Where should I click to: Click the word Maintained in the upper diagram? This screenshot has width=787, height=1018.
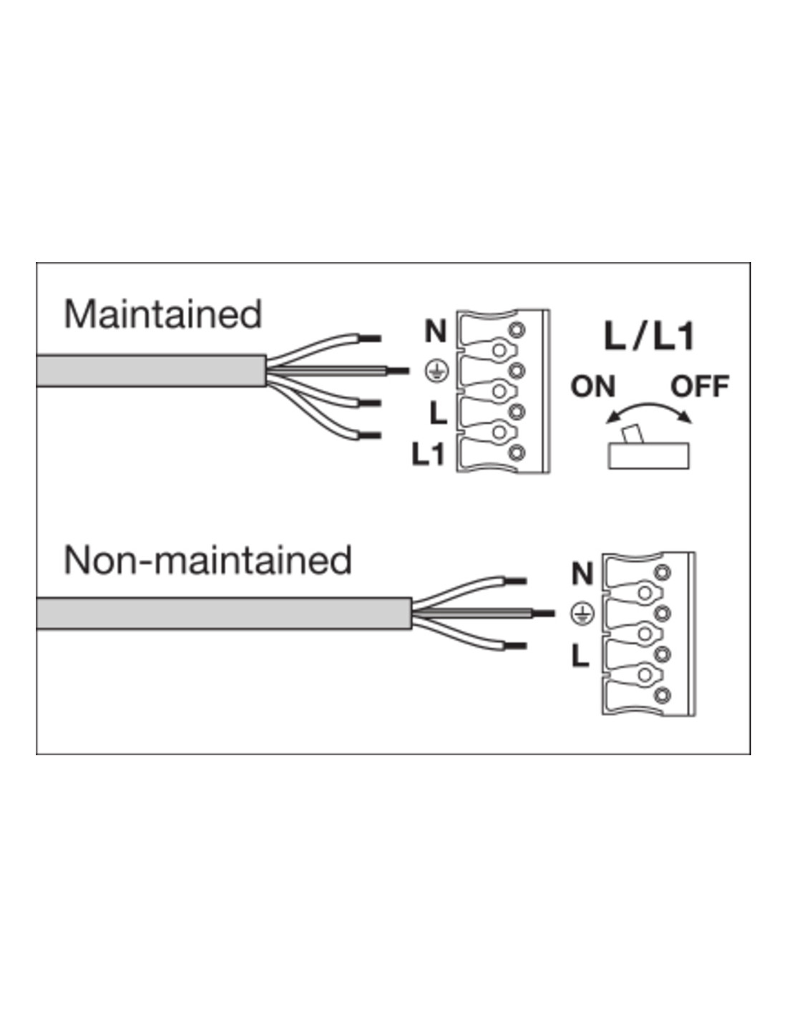163,314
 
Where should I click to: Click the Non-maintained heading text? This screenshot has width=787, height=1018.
207,560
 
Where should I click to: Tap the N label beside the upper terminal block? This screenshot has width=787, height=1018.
436,331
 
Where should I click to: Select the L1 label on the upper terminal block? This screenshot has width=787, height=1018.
429,454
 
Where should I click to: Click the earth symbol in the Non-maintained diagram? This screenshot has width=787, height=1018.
583,613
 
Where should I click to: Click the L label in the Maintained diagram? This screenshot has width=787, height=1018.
438,412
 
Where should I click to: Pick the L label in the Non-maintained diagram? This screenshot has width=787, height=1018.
580,656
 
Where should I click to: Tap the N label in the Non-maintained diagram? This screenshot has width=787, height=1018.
583,573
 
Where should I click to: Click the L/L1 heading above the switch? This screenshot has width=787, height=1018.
649,336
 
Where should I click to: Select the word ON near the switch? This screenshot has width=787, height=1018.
593,387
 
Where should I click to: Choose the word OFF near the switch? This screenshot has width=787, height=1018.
699,387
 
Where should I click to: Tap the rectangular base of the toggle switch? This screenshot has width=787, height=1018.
648,456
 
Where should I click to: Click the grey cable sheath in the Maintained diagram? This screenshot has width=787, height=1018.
150,370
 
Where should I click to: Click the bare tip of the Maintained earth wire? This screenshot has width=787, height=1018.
398,371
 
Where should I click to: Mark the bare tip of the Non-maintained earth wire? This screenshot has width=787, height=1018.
544,614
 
